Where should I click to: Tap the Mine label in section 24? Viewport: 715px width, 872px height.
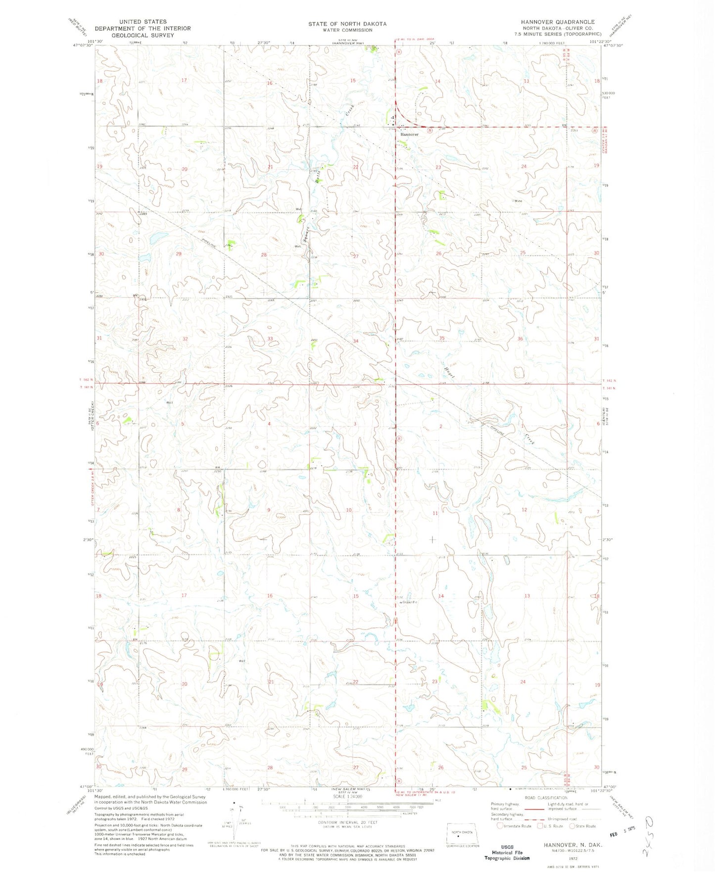[x=518, y=201]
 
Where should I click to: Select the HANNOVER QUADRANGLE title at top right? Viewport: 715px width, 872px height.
[x=557, y=22]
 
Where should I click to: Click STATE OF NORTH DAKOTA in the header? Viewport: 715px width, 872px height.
[x=347, y=24]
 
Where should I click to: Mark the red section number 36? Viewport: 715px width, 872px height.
[x=520, y=339]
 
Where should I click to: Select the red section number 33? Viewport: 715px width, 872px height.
[x=270, y=339]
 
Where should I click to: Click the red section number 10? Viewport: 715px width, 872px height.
[x=349, y=510]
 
